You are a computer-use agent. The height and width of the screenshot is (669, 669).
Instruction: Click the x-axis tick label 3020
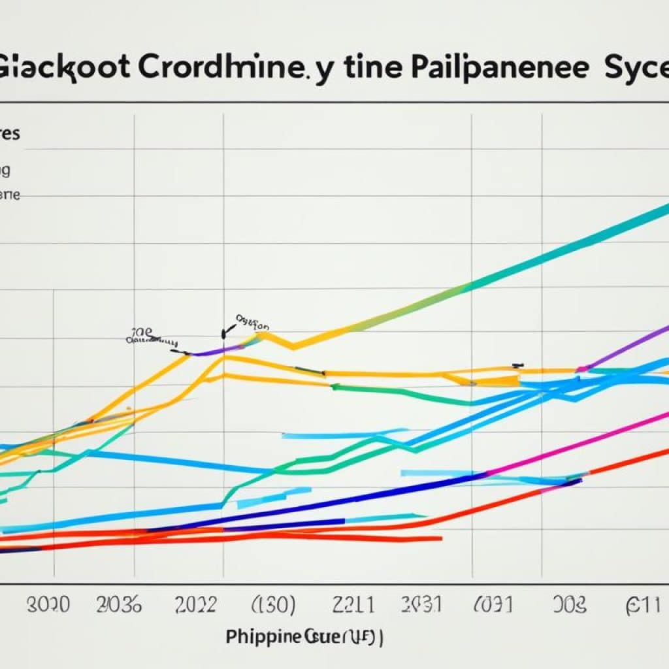48,604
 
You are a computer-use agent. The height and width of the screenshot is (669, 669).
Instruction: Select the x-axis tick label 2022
195,604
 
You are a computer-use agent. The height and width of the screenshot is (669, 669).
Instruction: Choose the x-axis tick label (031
493,604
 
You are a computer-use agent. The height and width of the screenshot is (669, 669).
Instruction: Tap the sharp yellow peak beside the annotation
263,334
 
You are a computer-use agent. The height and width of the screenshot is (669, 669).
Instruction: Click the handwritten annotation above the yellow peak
251,323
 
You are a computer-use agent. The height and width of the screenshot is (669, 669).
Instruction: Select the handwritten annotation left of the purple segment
152,337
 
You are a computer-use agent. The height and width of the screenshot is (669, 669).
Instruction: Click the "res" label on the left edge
10,135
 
